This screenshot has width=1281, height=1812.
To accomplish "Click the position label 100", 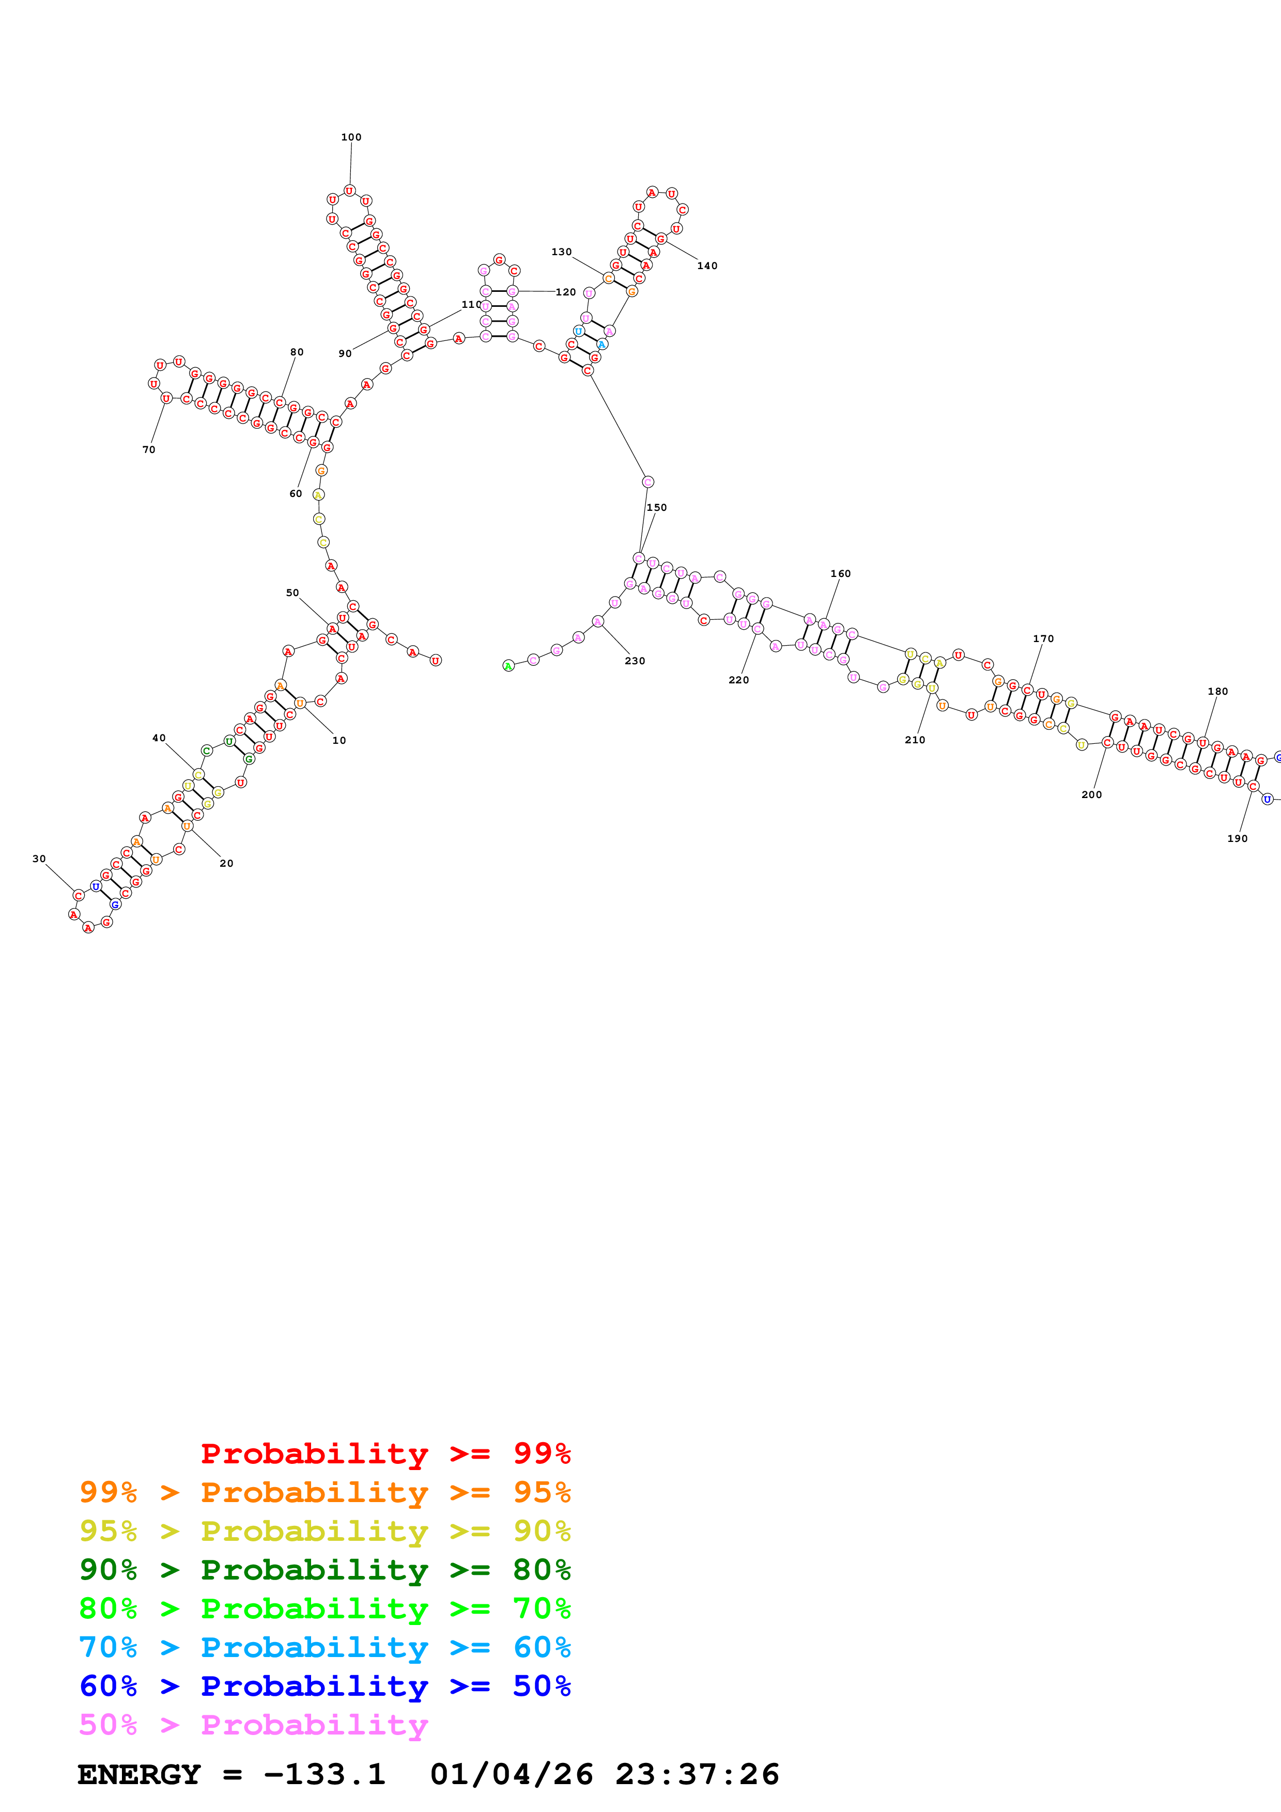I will [351, 137].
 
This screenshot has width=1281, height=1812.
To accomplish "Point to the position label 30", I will [39, 858].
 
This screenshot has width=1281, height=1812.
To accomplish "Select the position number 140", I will [707, 266].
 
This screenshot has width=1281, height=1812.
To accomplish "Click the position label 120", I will [566, 292].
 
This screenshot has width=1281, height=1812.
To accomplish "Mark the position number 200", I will [1091, 795].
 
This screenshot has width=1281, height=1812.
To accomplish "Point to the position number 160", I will [841, 574].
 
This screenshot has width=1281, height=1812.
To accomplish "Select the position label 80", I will [297, 352].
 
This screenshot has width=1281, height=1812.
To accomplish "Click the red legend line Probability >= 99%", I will [385, 1454].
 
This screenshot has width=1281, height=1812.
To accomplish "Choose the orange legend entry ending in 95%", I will [325, 1492].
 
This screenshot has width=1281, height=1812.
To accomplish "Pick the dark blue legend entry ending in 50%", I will [325, 1686].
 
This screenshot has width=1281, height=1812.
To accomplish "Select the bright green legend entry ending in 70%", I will [325, 1608].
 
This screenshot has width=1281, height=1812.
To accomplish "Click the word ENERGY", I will [139, 1775].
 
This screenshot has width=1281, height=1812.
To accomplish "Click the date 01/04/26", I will [512, 1775].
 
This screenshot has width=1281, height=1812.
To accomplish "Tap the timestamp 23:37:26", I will [697, 1775].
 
